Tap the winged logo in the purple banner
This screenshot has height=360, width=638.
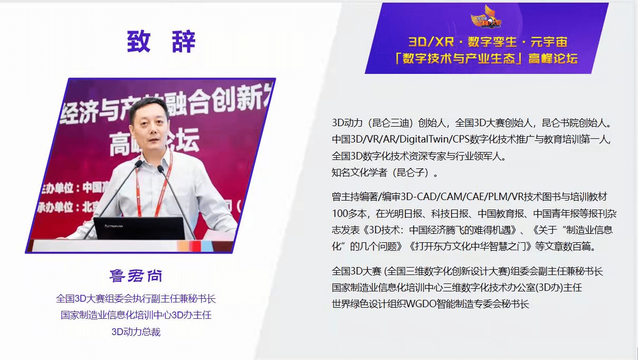click(x=486, y=17)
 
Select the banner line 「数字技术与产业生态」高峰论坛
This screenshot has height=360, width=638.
click(x=487, y=58)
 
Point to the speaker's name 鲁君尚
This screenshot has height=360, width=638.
click(x=136, y=276)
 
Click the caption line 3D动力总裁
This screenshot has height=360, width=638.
click(x=136, y=332)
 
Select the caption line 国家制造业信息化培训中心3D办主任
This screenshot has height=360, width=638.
click(x=136, y=315)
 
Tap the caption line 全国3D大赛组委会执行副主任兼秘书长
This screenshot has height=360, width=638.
click(x=136, y=299)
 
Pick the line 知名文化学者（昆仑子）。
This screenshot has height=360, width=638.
click(x=385, y=173)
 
